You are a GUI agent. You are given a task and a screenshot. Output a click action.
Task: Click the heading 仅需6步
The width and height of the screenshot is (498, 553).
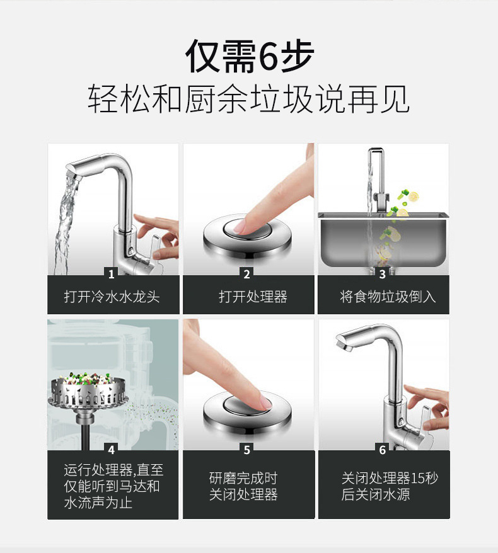(249, 57)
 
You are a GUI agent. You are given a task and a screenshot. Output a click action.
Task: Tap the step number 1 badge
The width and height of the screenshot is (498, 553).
(112, 274)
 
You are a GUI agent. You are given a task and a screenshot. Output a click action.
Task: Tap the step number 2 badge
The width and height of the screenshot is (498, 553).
(247, 274)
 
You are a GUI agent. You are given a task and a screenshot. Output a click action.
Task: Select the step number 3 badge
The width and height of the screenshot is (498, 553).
(383, 274)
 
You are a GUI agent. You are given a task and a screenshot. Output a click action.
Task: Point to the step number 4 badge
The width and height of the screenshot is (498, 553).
(112, 450)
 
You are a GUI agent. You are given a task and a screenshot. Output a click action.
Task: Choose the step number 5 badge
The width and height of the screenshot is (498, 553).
(247, 450)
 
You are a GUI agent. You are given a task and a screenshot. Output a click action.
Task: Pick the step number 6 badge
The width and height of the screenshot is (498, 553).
(383, 450)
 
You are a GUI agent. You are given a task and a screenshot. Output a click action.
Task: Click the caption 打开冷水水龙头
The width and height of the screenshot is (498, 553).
(112, 297)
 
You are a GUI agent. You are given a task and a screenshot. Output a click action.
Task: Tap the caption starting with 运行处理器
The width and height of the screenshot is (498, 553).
(112, 486)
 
